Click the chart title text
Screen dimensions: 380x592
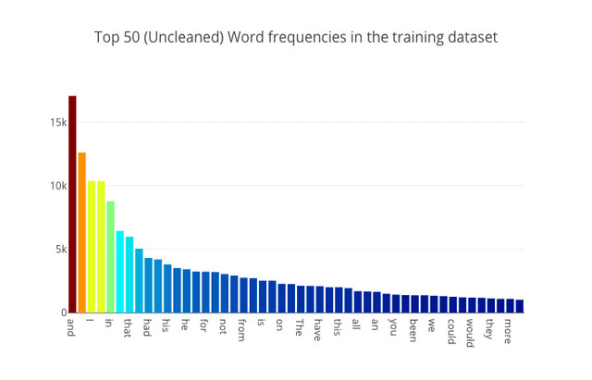(x=296, y=38)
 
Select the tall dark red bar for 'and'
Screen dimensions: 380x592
(x=72, y=203)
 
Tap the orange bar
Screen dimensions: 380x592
(x=81, y=232)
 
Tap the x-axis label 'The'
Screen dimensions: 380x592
(x=300, y=327)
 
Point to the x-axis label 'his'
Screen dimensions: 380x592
(x=166, y=325)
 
